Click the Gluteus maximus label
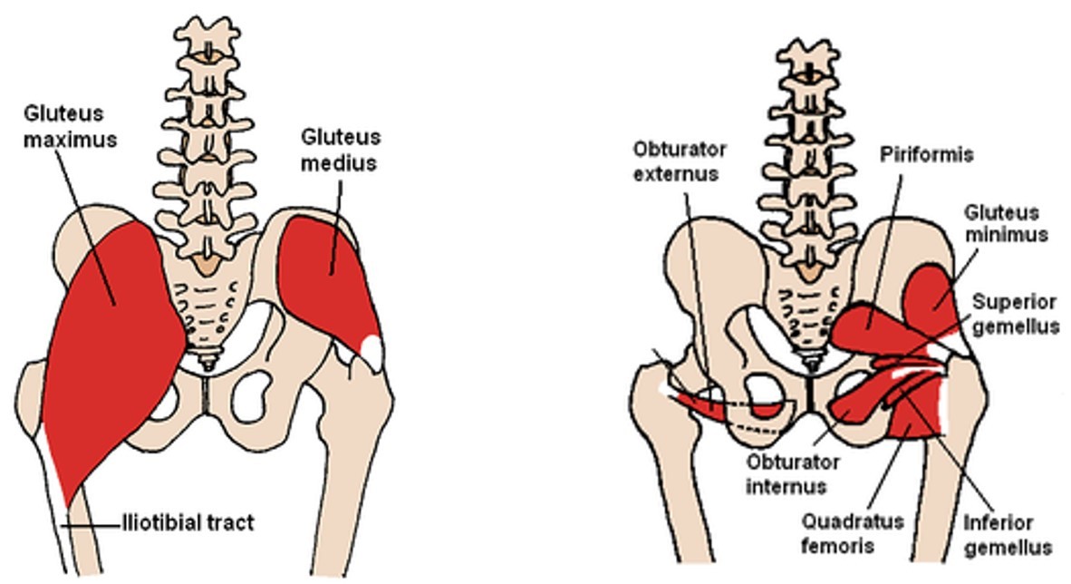point(64,127)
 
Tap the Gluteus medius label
point(341,150)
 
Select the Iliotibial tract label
point(188,522)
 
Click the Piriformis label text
point(927,154)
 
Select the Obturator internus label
point(794,473)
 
